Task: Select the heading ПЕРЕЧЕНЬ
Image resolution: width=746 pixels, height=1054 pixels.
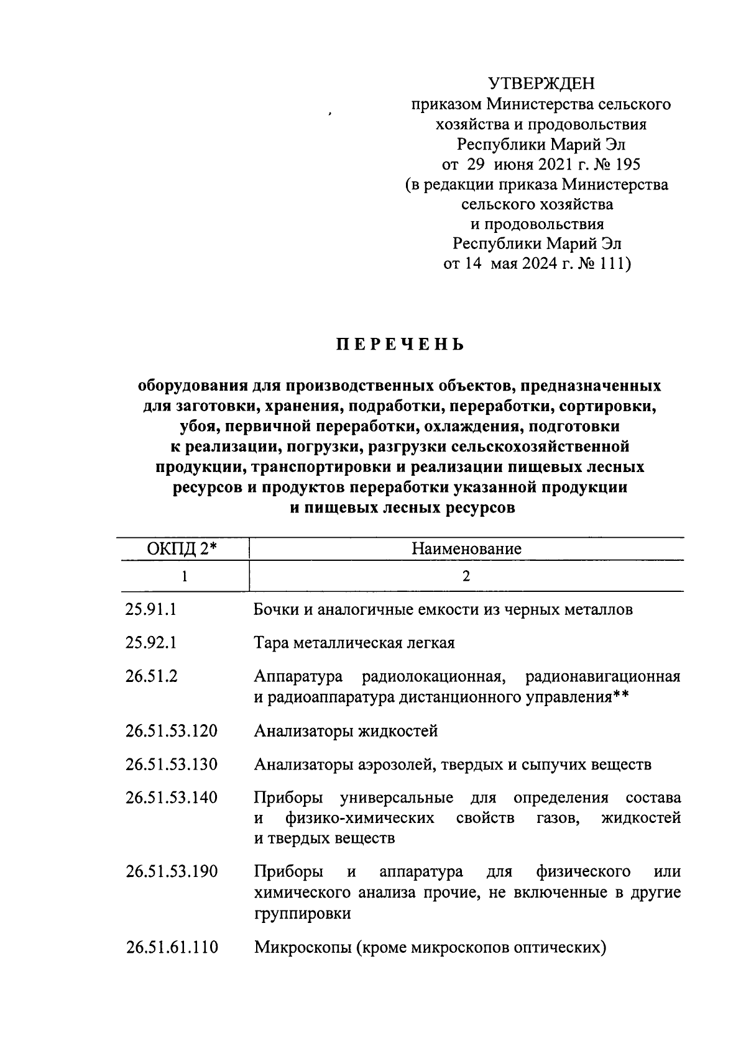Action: (400, 345)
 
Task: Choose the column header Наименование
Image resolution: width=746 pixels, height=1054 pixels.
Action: (466, 549)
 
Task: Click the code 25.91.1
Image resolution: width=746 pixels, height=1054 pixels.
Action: (151, 610)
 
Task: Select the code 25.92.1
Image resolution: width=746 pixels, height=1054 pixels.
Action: (151, 643)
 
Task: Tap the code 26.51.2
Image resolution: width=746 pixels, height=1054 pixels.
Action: (151, 676)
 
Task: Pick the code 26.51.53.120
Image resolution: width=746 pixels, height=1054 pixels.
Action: (172, 731)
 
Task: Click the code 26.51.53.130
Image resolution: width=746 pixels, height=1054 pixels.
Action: (172, 764)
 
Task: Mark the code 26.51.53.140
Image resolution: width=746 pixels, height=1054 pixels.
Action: (172, 797)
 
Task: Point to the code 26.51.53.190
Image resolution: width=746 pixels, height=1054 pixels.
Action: (172, 872)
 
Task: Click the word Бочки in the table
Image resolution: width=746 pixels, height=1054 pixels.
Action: (277, 610)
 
